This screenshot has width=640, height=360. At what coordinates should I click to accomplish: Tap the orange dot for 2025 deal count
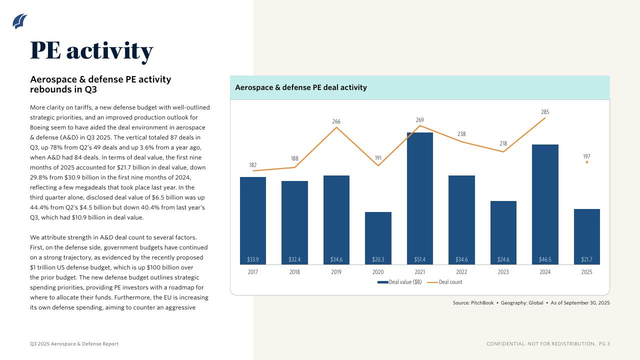click(x=586, y=162)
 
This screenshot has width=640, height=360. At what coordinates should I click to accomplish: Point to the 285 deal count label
click(x=545, y=112)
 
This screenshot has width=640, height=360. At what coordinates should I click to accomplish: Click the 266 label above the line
click(x=336, y=121)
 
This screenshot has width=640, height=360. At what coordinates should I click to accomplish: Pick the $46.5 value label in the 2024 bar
click(x=545, y=259)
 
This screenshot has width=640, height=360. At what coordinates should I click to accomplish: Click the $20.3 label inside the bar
click(x=378, y=259)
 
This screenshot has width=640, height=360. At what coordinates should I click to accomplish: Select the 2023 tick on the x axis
click(x=503, y=272)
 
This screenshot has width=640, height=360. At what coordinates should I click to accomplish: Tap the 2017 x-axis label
click(x=253, y=272)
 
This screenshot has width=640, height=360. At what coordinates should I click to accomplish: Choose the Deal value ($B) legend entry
click(x=400, y=282)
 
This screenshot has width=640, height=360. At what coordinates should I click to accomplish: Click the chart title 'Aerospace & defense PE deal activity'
click(x=301, y=87)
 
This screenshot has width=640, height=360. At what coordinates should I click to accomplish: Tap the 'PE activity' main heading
click(x=91, y=50)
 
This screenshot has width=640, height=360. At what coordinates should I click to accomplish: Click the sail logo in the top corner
click(x=20, y=21)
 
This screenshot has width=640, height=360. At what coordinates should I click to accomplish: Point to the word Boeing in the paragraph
click(x=40, y=127)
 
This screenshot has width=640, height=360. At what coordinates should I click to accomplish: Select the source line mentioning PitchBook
click(x=531, y=302)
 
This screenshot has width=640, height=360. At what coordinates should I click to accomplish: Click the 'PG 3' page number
click(x=604, y=344)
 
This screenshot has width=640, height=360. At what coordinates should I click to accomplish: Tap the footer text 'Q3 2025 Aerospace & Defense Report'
click(x=74, y=344)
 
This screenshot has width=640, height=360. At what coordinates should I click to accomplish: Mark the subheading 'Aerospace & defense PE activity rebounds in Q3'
click(x=100, y=84)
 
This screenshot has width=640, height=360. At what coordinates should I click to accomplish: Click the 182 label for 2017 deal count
click(x=253, y=165)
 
